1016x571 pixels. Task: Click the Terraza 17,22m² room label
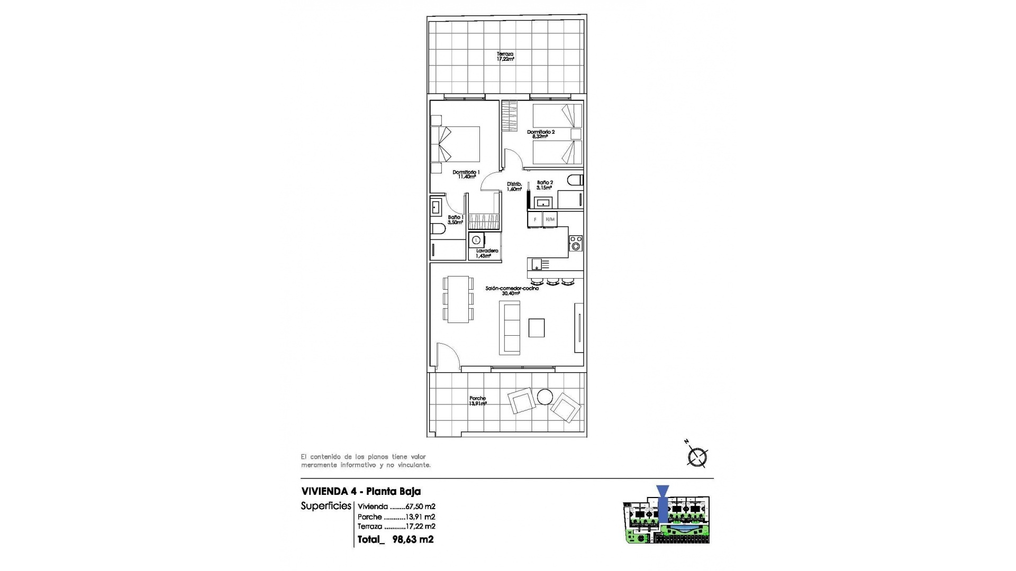[x=505, y=57]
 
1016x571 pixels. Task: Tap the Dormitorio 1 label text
[x=466, y=174]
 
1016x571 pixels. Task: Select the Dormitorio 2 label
[x=540, y=134]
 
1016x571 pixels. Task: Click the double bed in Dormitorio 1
[x=456, y=144]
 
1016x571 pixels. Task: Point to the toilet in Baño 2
[x=575, y=180]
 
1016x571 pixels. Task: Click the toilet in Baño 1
[x=437, y=229]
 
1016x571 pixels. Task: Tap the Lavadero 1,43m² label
[x=486, y=253]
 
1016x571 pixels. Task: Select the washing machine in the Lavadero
[x=476, y=240]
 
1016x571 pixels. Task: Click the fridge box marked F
[x=534, y=219]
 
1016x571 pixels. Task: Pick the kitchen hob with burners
[x=576, y=243]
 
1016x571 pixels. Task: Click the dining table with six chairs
[x=458, y=299]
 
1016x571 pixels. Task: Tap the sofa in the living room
[x=510, y=328]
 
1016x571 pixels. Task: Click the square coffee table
[x=536, y=328]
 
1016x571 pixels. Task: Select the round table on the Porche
[x=545, y=397]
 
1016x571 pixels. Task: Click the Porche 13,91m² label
[x=477, y=401]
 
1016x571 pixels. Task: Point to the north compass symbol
[x=697, y=457]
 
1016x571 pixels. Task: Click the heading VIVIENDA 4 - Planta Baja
[x=361, y=491]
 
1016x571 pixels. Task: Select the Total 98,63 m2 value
[x=413, y=539]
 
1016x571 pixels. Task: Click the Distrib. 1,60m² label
[x=514, y=187]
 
